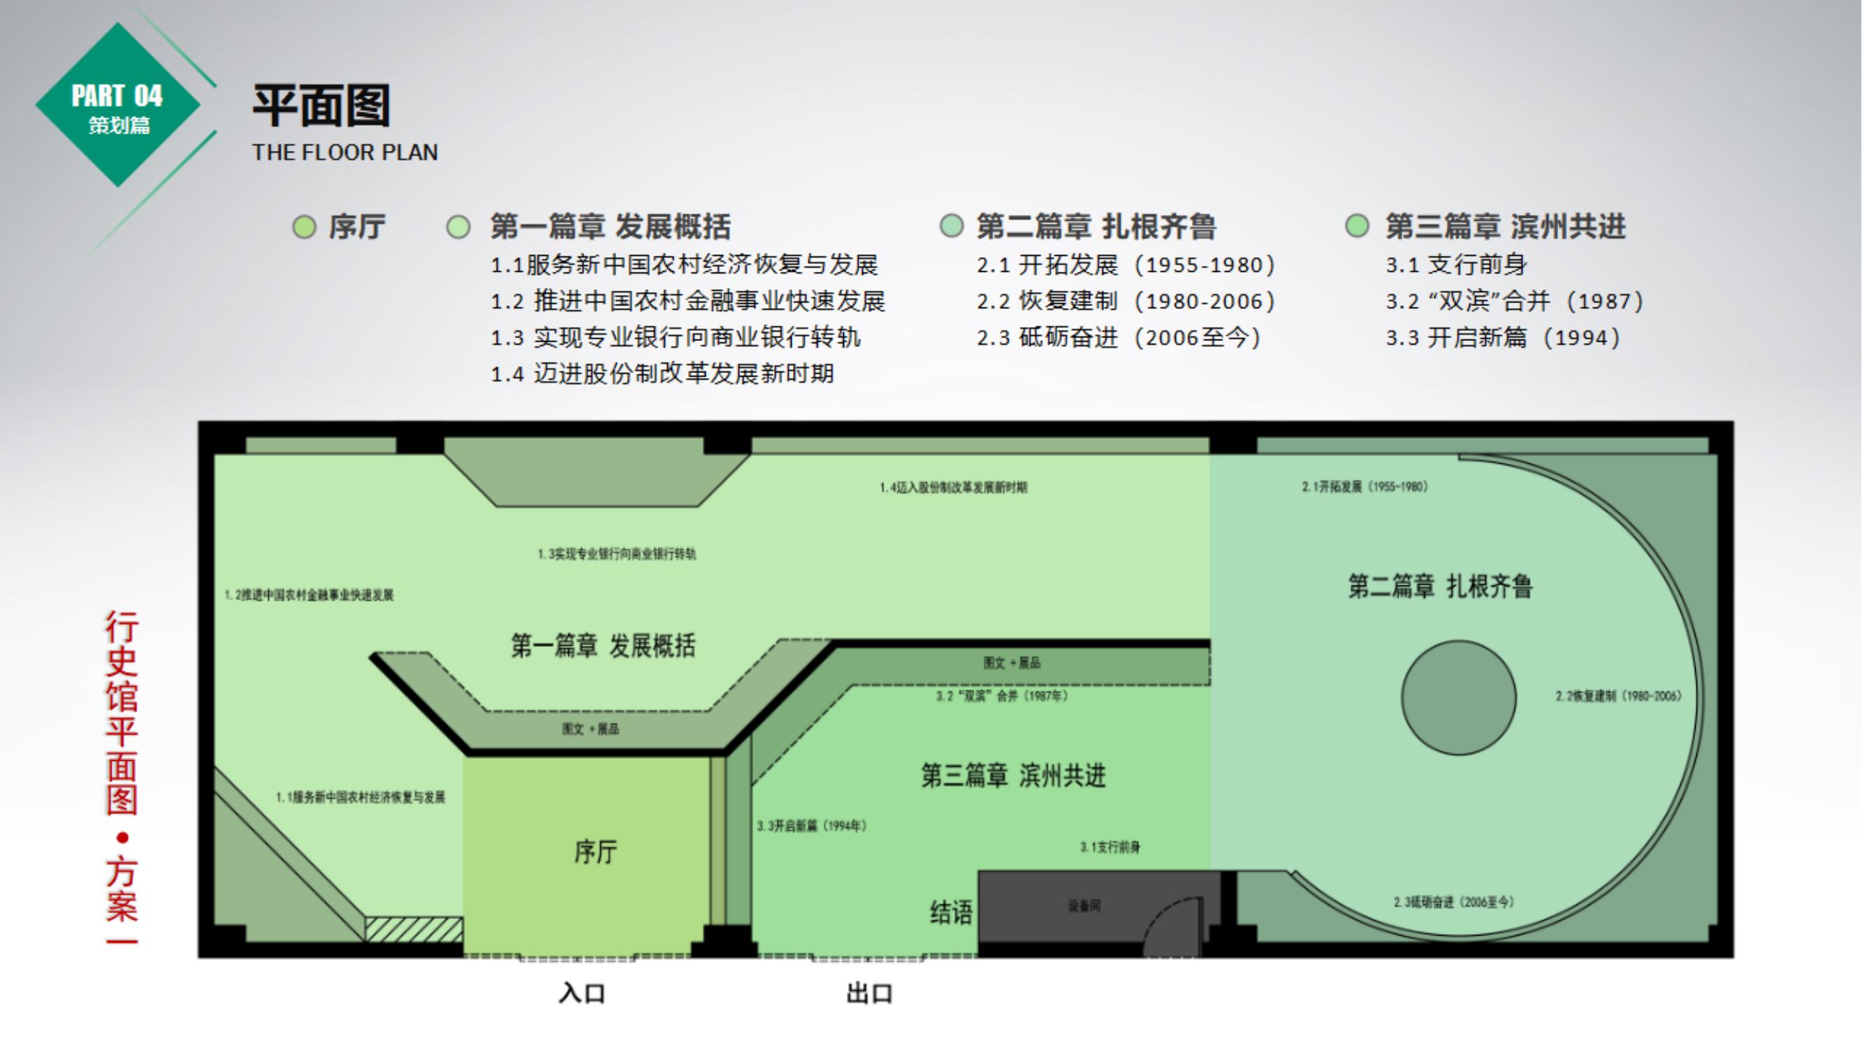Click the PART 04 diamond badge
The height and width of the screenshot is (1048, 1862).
point(118,105)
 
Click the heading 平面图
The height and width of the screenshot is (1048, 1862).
point(321,105)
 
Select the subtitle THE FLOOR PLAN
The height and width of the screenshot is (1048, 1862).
point(344,152)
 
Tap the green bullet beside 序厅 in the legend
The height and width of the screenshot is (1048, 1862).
point(305,227)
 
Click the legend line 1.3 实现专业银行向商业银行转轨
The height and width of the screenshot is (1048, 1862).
point(675,337)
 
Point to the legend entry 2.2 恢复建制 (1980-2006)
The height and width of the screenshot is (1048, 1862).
point(1126,301)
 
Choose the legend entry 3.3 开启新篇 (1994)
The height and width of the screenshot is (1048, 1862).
point(1503,337)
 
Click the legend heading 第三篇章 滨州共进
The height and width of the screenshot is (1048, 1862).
point(1505,227)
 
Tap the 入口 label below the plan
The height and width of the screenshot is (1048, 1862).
point(582,993)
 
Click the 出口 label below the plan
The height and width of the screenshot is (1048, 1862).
point(870,993)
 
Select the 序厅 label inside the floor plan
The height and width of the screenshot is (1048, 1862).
point(595,852)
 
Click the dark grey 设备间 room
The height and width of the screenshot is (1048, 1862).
point(1084,906)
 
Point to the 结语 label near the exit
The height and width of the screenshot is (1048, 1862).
point(950,912)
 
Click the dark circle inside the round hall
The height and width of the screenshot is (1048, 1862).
point(1459,697)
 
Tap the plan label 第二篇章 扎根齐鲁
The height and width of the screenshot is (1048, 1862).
point(1440,586)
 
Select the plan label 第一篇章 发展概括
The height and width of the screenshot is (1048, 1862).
point(603,646)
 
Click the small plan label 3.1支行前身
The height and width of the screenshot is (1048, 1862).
point(1110,847)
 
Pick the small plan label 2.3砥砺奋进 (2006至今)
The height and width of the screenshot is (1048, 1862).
point(1453,902)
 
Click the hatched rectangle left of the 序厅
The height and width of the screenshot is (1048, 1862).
point(414,929)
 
